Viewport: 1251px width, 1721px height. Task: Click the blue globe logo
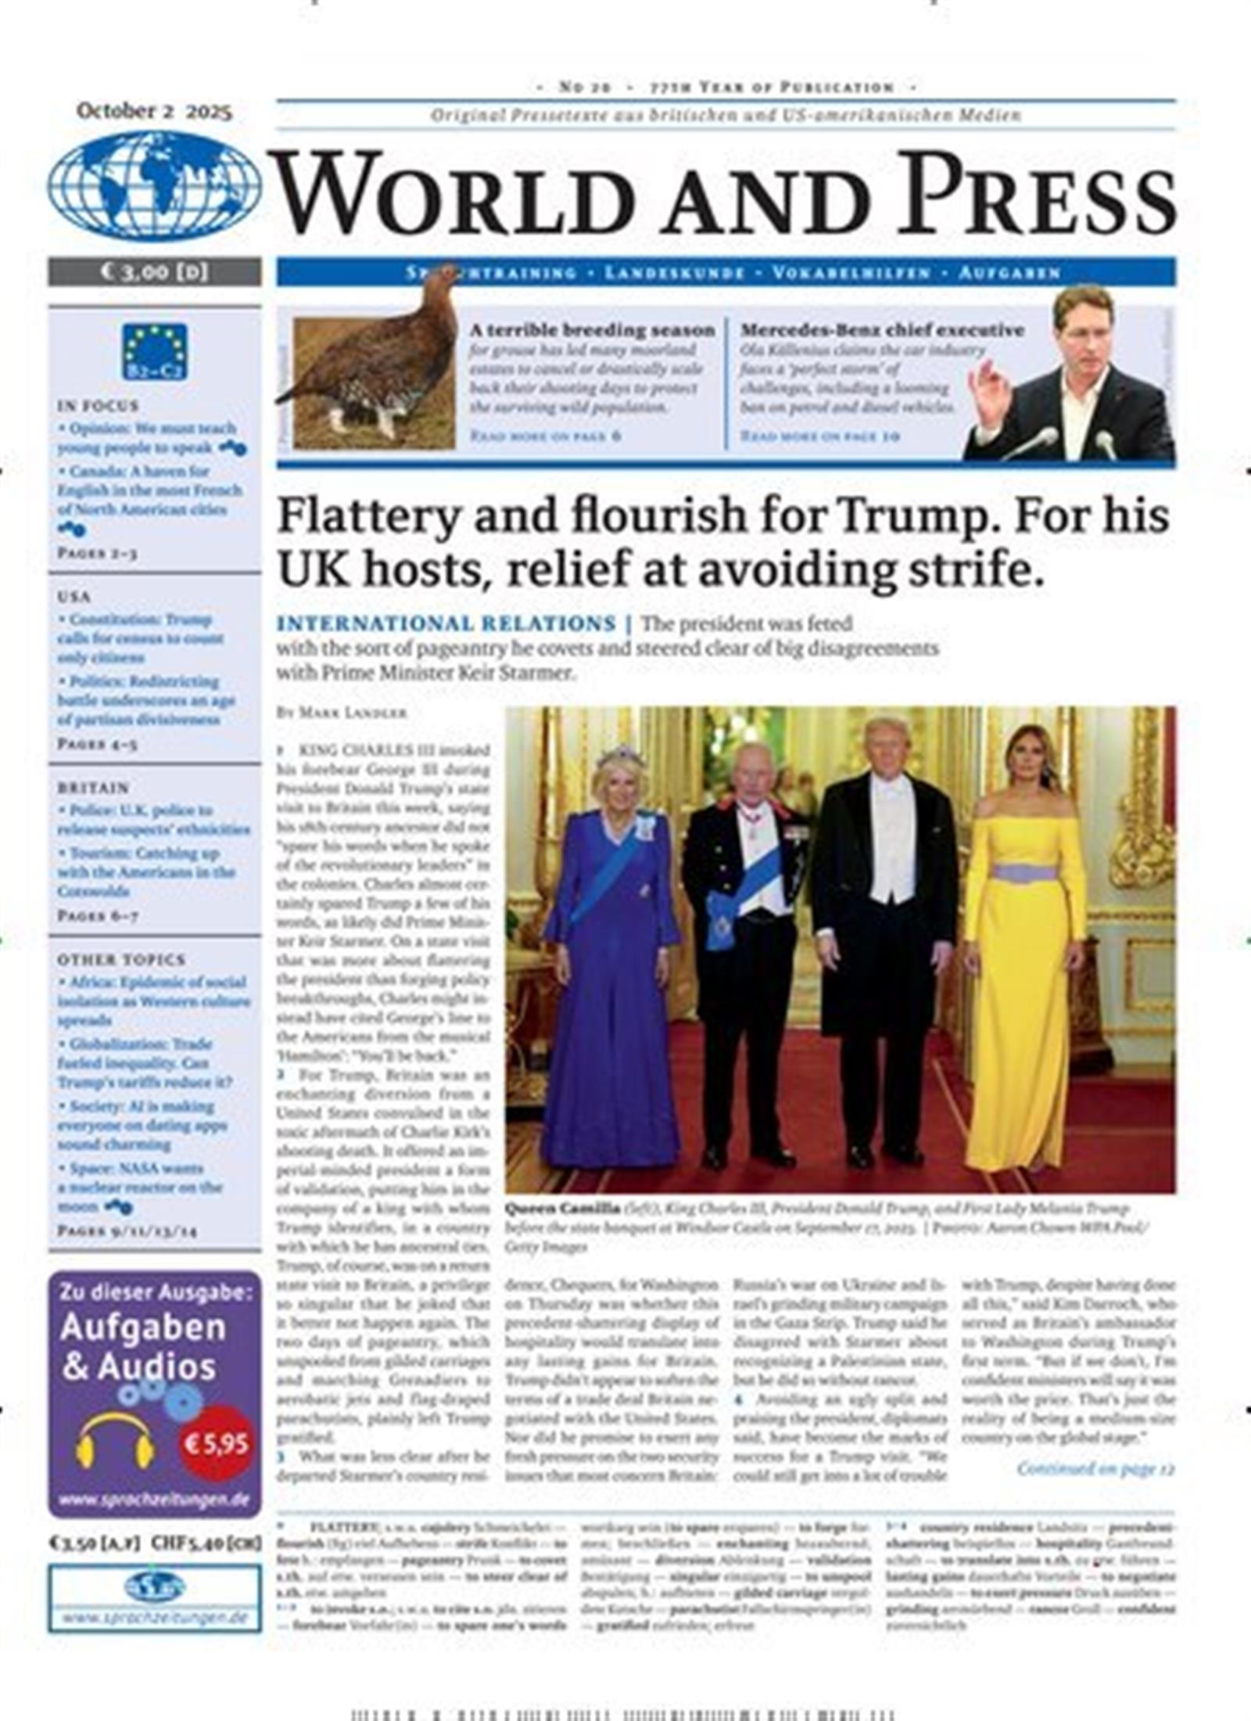(x=154, y=185)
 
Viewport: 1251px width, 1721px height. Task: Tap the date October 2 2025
(x=154, y=111)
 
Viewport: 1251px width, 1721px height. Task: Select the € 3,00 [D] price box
(x=154, y=271)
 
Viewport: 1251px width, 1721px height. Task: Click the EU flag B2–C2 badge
(x=154, y=351)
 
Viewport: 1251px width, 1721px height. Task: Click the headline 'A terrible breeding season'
(x=592, y=330)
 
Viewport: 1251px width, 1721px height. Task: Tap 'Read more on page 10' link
(x=820, y=436)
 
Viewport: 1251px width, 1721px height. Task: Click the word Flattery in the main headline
(x=367, y=517)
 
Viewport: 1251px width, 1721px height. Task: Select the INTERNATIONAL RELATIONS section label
(x=446, y=623)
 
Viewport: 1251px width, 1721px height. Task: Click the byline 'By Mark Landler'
(x=342, y=713)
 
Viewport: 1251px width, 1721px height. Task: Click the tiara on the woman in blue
(x=621, y=756)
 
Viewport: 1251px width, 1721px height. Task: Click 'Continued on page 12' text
(x=1095, y=1468)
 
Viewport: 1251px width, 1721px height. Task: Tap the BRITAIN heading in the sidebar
(x=93, y=788)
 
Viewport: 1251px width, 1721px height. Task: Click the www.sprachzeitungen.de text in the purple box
(x=154, y=1500)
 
